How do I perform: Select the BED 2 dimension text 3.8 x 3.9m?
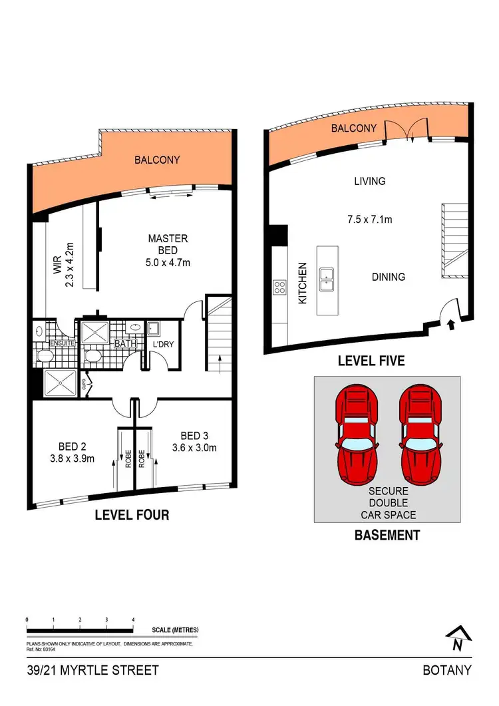tap(73, 458)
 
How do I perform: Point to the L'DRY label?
tap(163, 344)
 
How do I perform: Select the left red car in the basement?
tap(357, 435)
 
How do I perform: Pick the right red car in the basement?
tap(420, 435)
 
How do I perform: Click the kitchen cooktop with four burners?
tap(279, 287)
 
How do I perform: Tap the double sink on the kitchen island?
tap(327, 279)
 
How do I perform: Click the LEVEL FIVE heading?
tap(371, 361)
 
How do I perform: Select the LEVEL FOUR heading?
tap(132, 514)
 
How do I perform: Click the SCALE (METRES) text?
tap(175, 629)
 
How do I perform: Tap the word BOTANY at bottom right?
tap(447, 670)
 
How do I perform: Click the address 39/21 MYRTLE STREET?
tap(92, 670)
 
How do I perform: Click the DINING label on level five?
tap(388, 277)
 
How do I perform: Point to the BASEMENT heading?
tap(387, 535)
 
